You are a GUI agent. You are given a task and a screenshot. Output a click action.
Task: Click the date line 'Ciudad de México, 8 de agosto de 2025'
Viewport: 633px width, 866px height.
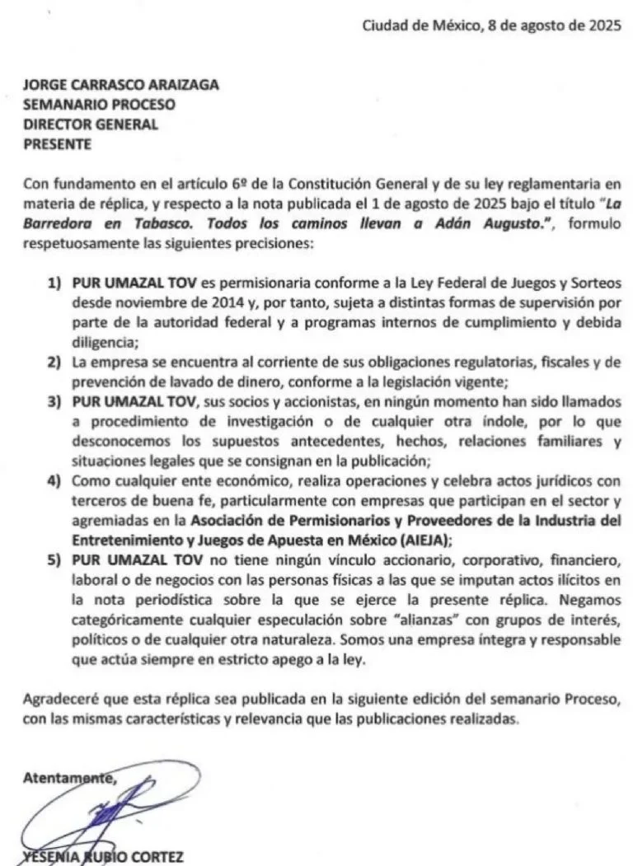(492, 26)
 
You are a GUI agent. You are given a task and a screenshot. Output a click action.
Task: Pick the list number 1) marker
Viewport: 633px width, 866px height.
(55, 283)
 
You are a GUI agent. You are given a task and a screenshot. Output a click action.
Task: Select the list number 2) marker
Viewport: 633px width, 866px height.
(55, 362)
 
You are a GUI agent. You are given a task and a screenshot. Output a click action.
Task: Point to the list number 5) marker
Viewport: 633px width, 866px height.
(55, 559)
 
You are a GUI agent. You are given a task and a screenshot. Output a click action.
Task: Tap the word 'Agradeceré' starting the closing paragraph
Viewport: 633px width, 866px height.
(63, 699)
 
